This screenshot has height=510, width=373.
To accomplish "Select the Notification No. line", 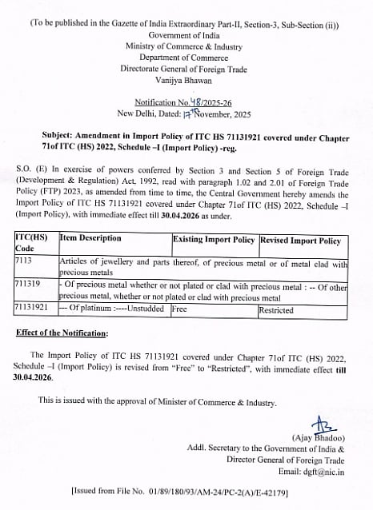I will tap(186, 102).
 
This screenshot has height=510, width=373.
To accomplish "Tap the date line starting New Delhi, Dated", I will tap(186, 114).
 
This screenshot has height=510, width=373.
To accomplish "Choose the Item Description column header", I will tap(90, 239).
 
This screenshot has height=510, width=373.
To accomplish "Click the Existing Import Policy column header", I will tap(214, 240).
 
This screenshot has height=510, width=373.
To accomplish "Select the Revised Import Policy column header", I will tap(300, 240).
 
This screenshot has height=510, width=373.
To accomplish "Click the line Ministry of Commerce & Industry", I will tap(186, 46).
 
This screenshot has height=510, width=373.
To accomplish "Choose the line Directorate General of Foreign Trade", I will tap(186, 70).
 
